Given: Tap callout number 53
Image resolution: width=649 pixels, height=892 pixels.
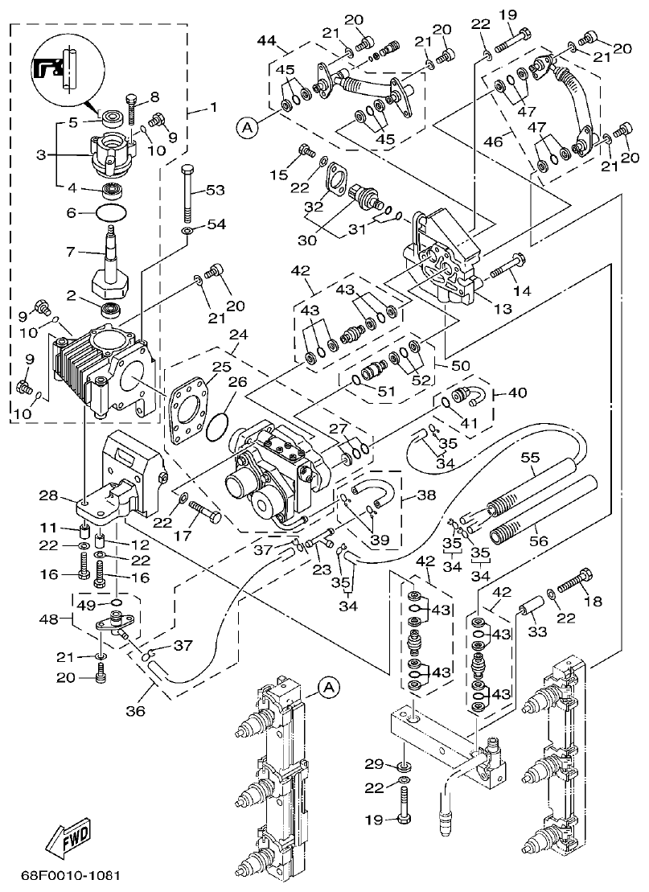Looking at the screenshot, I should click(x=216, y=190).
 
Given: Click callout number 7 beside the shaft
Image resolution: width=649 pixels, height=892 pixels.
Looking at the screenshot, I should click(x=70, y=252).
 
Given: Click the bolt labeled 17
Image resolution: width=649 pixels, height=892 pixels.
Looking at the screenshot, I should click(x=205, y=511).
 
